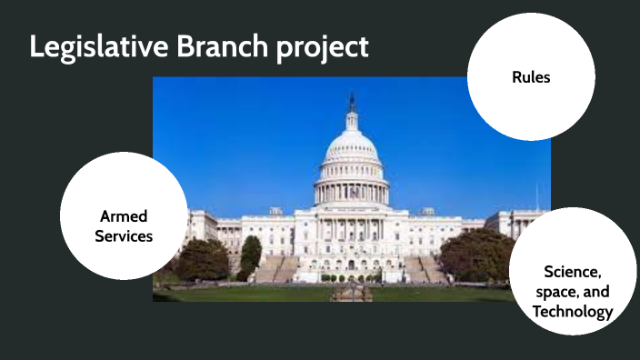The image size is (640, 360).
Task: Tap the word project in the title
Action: [323, 48]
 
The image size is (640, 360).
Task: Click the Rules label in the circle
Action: [531, 77]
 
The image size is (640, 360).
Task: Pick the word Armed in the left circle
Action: [124, 216]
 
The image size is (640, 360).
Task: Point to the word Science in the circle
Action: [572, 272]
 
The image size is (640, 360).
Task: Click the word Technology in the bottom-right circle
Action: [572, 312]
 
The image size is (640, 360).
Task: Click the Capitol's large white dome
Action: [351, 150]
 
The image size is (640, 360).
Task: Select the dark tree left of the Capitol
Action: [202, 259]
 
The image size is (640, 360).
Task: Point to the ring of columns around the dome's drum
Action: [351, 192]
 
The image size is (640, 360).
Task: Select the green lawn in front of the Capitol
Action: [273, 294]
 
